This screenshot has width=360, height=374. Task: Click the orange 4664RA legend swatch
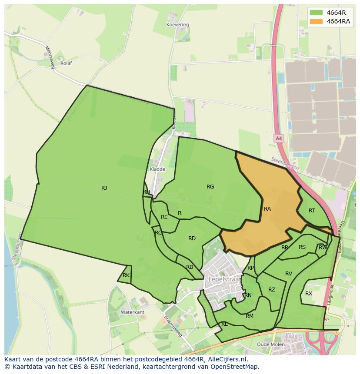(316, 21)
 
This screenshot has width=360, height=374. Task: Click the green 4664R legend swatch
(316, 12)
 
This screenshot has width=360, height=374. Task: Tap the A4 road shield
(279, 138)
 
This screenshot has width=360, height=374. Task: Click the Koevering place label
(178, 25)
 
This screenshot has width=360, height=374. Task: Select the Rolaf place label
(66, 63)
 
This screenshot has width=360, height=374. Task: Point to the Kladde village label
(157, 169)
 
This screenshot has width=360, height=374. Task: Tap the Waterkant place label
(132, 312)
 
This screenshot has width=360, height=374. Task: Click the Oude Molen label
(271, 344)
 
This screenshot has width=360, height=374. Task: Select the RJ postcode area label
(104, 188)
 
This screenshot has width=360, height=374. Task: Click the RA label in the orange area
(267, 209)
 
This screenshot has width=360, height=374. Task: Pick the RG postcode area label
(210, 187)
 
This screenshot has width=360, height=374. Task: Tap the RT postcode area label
(312, 211)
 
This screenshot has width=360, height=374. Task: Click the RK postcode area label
(126, 275)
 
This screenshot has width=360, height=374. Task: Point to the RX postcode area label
(309, 294)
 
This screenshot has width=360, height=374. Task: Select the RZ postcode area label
(272, 290)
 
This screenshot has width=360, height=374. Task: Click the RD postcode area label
(192, 238)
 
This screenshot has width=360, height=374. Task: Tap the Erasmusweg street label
(173, 326)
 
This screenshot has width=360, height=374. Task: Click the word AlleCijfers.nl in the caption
(227, 359)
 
